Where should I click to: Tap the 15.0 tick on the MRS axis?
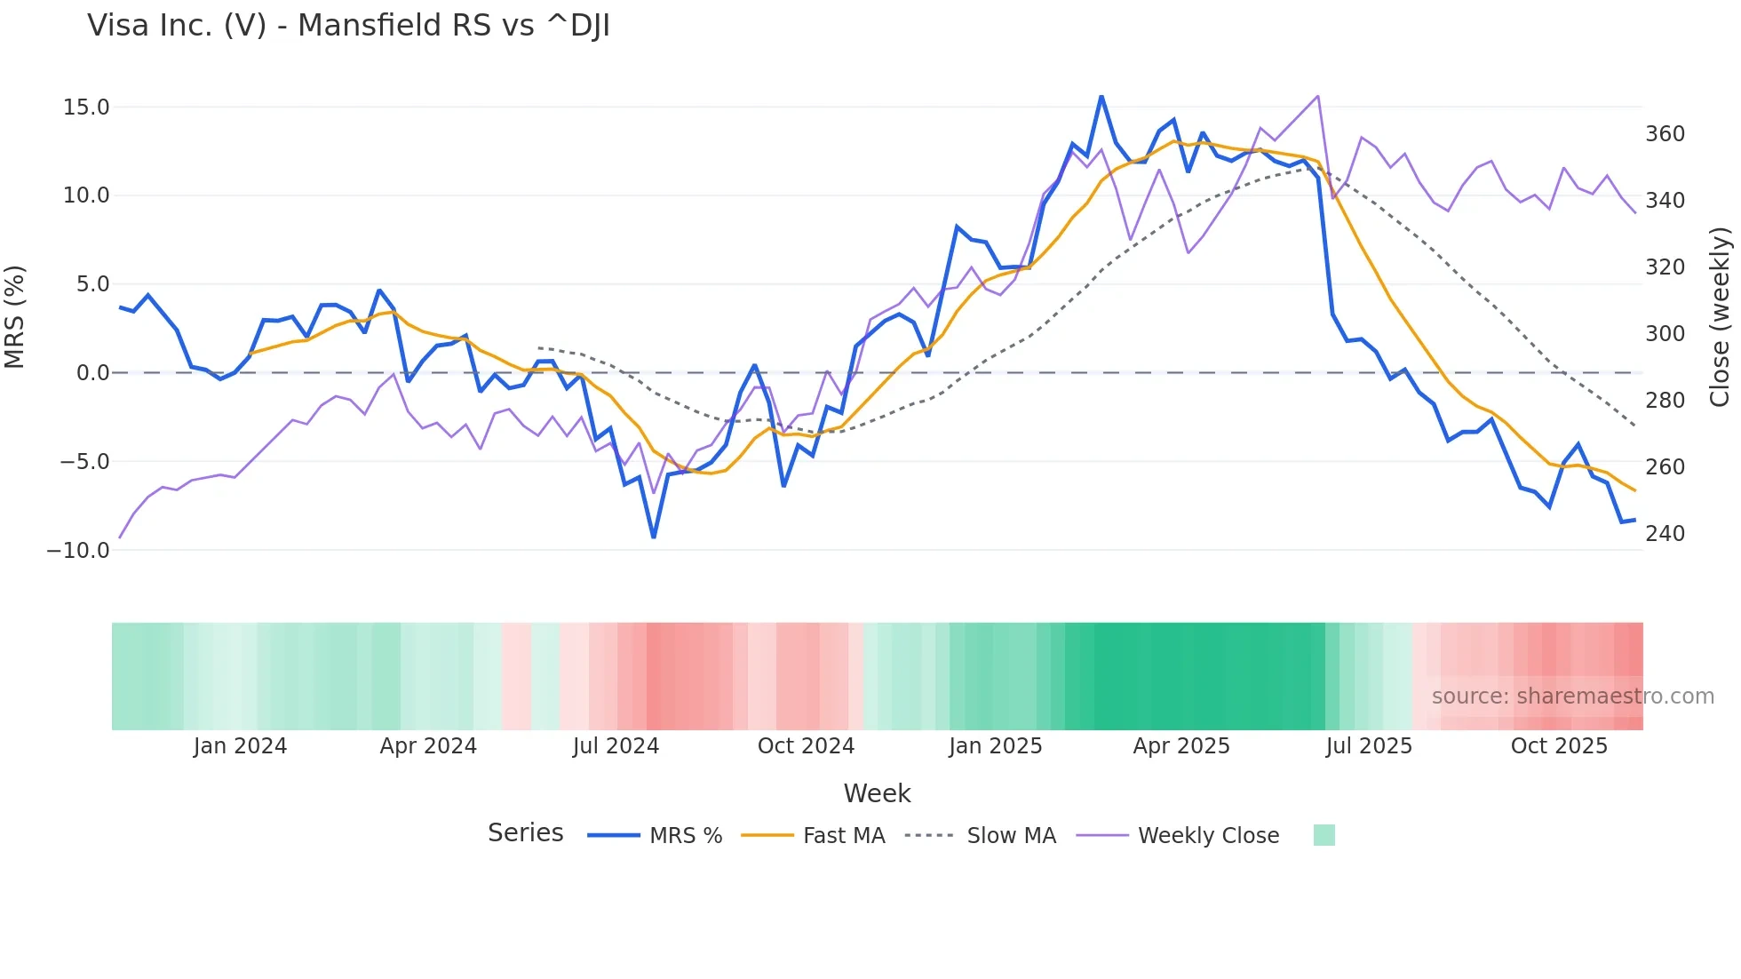click(86, 107)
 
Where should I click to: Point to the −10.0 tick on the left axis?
click(78, 551)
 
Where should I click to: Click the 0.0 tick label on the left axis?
click(92, 373)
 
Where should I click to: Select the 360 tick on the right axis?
click(1665, 134)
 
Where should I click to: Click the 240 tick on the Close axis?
click(1665, 534)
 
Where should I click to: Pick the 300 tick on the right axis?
click(1665, 334)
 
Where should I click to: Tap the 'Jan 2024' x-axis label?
click(240, 746)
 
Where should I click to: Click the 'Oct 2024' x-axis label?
click(806, 746)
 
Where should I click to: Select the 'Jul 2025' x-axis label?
click(1369, 746)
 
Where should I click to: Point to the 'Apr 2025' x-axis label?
click(1181, 746)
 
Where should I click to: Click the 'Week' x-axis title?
click(877, 793)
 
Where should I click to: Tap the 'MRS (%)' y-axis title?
click(14, 317)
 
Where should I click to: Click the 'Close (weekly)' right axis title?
click(1720, 317)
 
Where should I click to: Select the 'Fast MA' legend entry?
click(843, 836)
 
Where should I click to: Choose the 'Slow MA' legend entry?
click(1011, 836)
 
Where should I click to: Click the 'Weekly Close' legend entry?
click(1208, 836)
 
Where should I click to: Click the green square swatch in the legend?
click(1324, 835)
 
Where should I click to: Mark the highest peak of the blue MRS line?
click(1101, 96)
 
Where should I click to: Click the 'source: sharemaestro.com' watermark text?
click(1572, 696)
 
